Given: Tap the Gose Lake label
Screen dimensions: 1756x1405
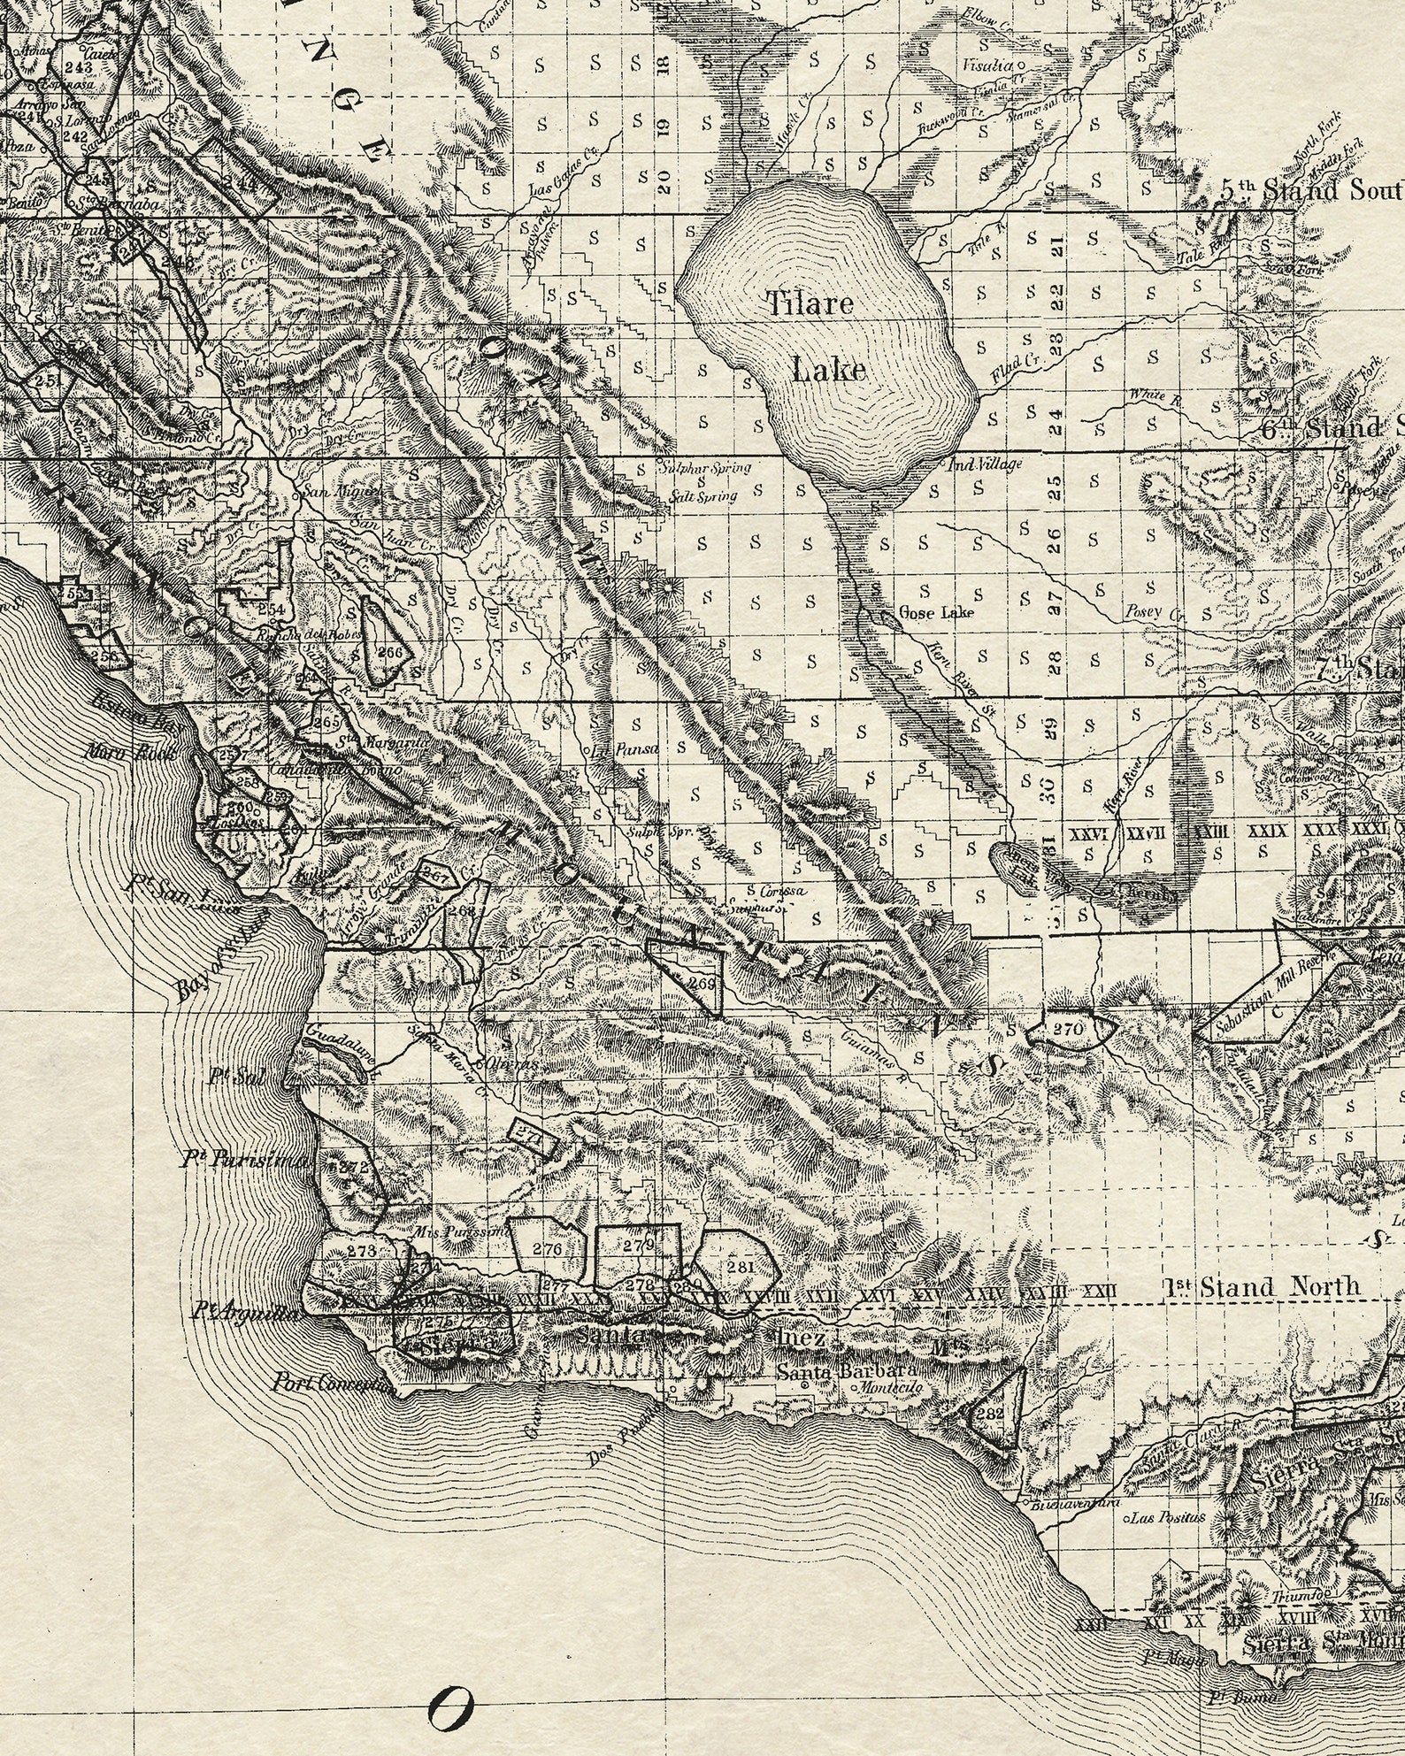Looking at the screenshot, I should click(x=936, y=611).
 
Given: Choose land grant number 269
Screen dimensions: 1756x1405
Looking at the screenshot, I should click(x=701, y=984).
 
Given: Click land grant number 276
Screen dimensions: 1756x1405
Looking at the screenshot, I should click(x=548, y=1249).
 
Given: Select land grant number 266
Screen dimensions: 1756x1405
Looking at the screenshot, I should click(x=389, y=652).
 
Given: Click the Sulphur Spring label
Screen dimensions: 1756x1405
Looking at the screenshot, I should click(x=703, y=468).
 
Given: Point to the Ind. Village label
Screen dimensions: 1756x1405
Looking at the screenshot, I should click(x=984, y=464).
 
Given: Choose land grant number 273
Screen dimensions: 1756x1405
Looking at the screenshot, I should click(x=362, y=1251).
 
